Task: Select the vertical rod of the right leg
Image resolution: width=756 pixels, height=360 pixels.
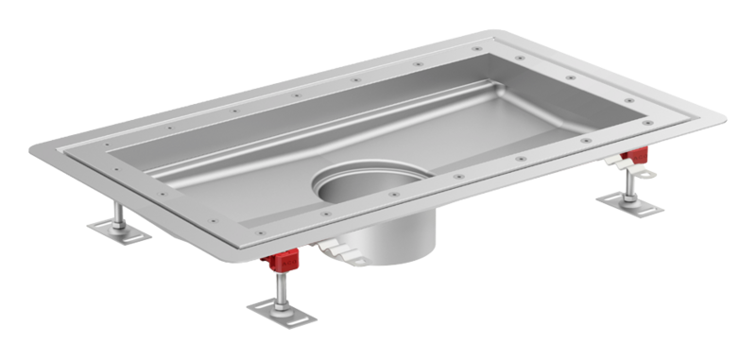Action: coord(627,182)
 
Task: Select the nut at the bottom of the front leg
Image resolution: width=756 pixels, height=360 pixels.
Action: coord(282,300)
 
